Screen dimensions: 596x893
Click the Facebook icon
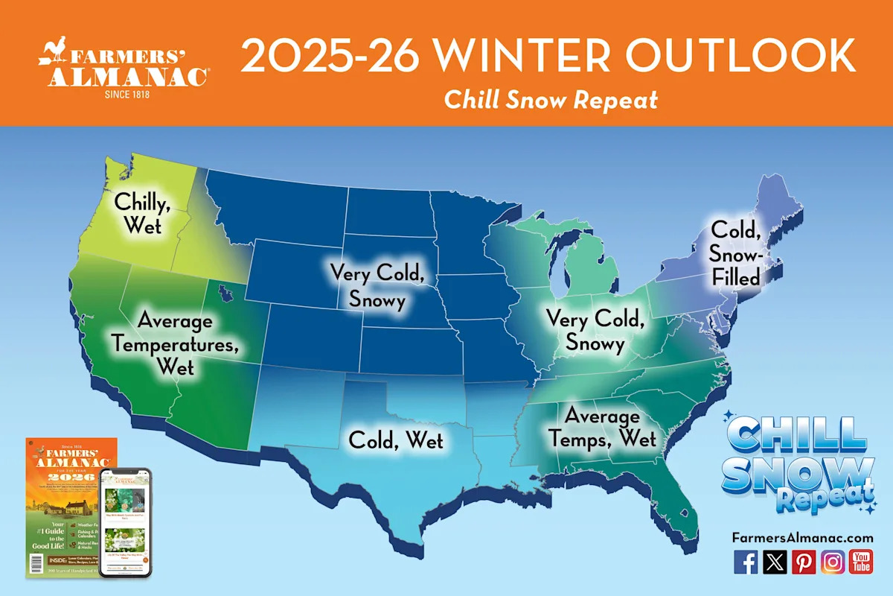point(746,562)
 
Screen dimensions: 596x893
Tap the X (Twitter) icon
point(775,562)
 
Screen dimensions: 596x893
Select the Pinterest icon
point(804,562)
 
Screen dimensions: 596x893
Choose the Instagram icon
point(833,562)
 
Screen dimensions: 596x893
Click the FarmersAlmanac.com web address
point(802,537)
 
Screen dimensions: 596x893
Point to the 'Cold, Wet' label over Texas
point(396,440)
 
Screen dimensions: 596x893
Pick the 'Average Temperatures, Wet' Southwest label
point(176,343)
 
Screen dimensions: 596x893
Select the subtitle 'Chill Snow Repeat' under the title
point(551,100)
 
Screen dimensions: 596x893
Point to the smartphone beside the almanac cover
point(125,521)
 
